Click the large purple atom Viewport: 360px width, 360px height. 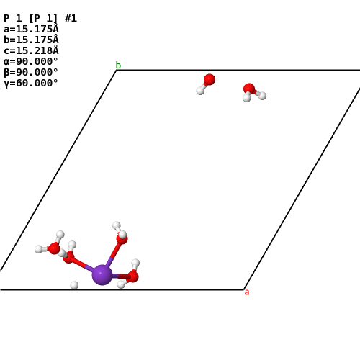(102, 275)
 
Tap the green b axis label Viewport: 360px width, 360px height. (118, 65)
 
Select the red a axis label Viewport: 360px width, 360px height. (247, 292)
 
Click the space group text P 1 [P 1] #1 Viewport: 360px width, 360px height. (40, 18)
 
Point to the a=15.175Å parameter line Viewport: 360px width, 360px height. (31, 29)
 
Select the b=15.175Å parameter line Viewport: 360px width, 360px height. (31, 40)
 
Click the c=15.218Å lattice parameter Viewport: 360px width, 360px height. (31, 50)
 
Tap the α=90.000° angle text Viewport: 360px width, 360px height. (31, 61)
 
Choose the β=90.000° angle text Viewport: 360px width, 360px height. (31, 72)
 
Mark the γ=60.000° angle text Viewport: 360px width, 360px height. (31, 83)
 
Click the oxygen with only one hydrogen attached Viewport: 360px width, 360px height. (210, 79)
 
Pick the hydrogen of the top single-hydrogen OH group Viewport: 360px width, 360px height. (200, 91)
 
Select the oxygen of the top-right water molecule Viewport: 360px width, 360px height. (249, 89)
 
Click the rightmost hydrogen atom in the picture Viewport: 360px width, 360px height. (262, 96)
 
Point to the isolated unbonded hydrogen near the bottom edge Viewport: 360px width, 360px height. (74, 285)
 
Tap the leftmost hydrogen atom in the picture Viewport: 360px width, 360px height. (39, 249)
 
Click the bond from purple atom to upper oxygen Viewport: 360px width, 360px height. (113, 254)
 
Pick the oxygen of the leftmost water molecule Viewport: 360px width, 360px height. (53, 248)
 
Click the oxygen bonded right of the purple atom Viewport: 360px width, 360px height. (132, 276)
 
